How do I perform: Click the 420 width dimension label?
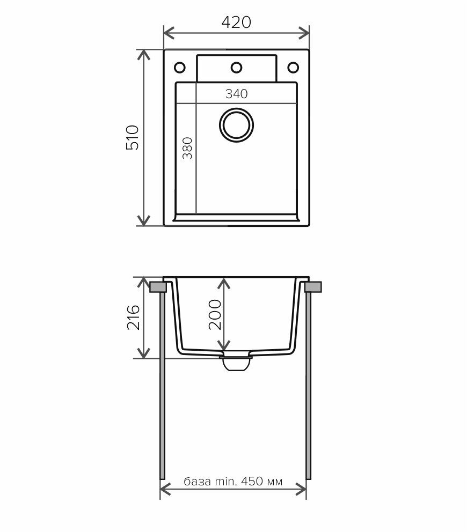pyautogui.click(x=236, y=23)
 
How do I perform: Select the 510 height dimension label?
pyautogui.click(x=133, y=137)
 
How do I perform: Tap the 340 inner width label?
pyautogui.click(x=236, y=94)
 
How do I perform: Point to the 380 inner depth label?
pyautogui.click(x=187, y=148)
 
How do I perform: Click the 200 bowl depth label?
pyautogui.click(x=215, y=314)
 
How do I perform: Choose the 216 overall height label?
pyautogui.click(x=133, y=317)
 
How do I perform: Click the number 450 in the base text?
pyautogui.click(x=252, y=481)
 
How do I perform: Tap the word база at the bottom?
pyautogui.click(x=197, y=481)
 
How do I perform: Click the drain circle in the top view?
pyautogui.click(x=236, y=125)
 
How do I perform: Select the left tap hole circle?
pyautogui.click(x=180, y=68)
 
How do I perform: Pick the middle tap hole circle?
pyautogui.click(x=236, y=68)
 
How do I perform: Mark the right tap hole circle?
pyautogui.click(x=293, y=68)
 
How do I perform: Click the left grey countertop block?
pyautogui.click(x=158, y=287)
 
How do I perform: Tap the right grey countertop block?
pyautogui.click(x=313, y=287)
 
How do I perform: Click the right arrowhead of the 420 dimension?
pyautogui.click(x=304, y=33)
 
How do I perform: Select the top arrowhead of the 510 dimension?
pyautogui.click(x=144, y=55)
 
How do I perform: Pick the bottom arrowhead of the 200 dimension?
pyautogui.click(x=223, y=345)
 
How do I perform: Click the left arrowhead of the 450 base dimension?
pyautogui.click(x=165, y=490)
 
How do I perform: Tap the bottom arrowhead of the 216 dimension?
pyautogui.click(x=144, y=353)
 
